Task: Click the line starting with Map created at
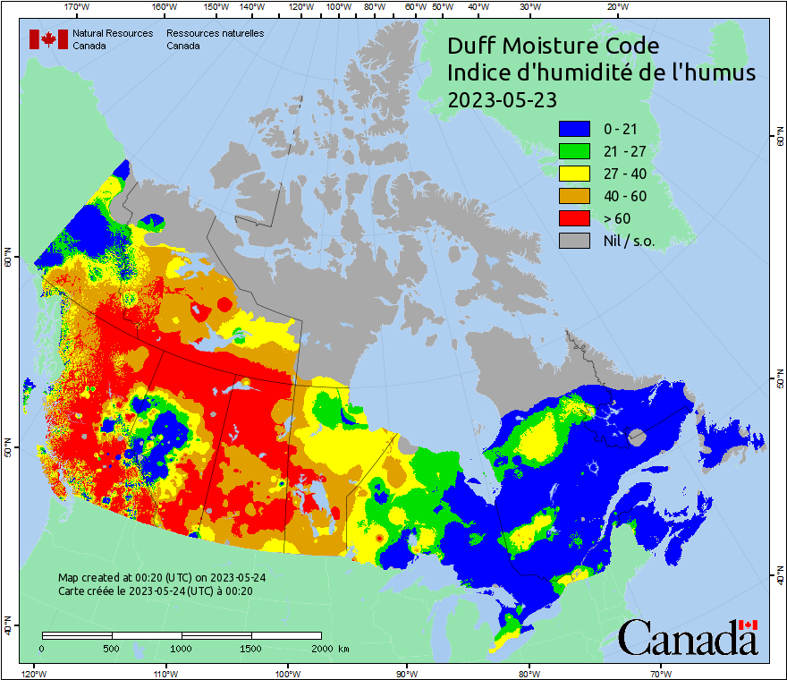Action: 161,578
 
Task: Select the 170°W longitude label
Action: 78,7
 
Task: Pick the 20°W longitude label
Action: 616,7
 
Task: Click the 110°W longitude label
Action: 165,673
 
